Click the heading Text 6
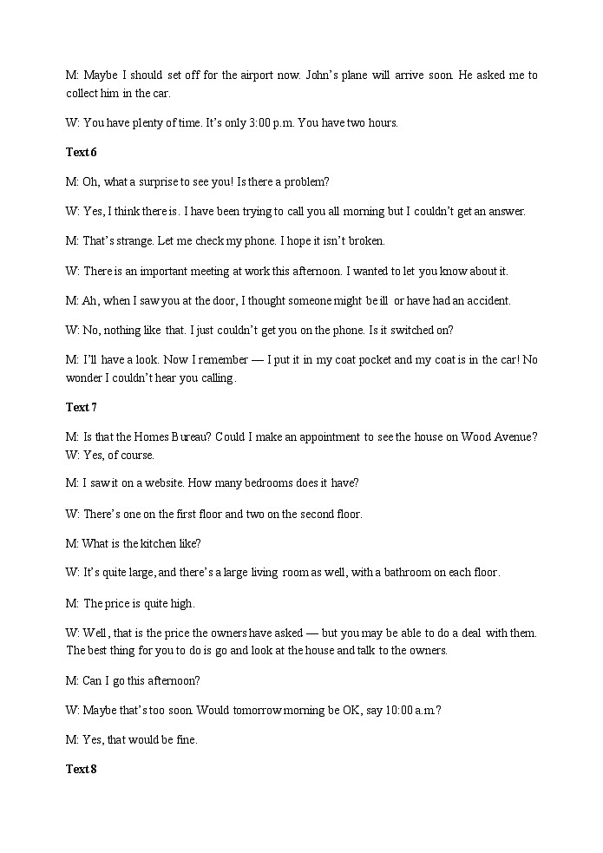[x=81, y=153]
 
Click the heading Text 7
[x=81, y=408]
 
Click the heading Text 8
[x=81, y=770]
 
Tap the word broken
[x=365, y=241]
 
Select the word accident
[x=488, y=301]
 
